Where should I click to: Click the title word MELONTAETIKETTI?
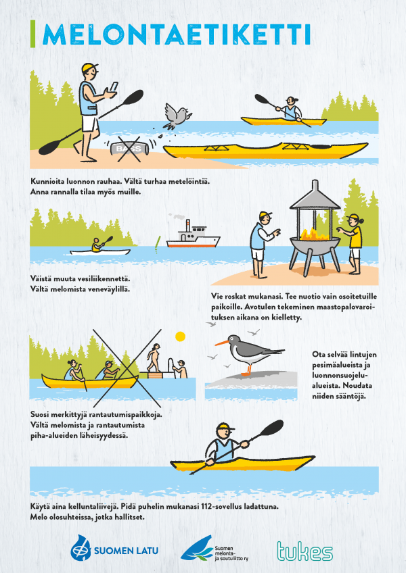tap(177, 34)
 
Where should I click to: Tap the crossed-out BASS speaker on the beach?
tap(131, 149)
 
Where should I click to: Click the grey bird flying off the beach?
tap(176, 116)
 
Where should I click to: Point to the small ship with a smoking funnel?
tap(193, 236)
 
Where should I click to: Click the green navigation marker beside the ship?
tap(158, 244)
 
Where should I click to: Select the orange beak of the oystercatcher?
tap(221, 343)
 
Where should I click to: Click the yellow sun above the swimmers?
tap(180, 337)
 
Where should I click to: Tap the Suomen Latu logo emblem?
tap(81, 548)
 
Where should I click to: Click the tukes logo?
tap(304, 551)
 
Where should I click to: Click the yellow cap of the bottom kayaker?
tap(225, 427)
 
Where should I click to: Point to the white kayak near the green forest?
tap(100, 252)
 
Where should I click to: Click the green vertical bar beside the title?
tap(33, 34)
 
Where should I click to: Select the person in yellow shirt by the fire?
tap(353, 244)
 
